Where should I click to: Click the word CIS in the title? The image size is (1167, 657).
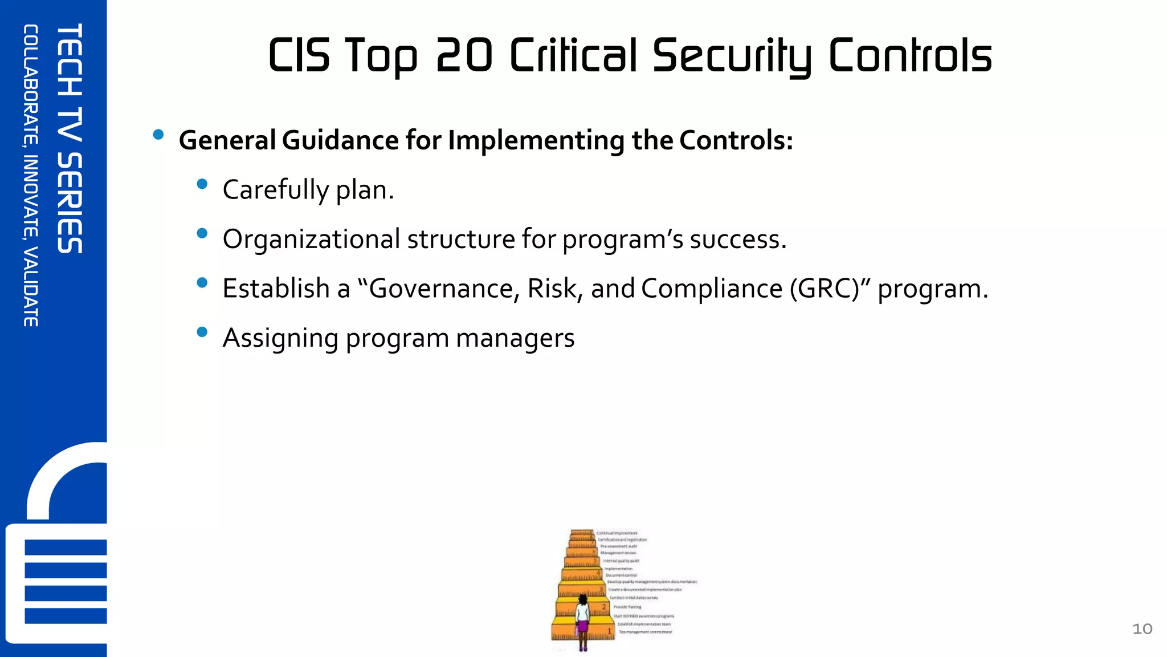coord(299,55)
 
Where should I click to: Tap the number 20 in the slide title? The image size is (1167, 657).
coord(464,55)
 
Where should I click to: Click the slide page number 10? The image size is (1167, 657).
coord(1142,629)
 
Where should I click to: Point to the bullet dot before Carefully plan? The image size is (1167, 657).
coord(202,184)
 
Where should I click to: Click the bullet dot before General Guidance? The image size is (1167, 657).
coord(158,135)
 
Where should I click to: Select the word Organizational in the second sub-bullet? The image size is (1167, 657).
coord(311,240)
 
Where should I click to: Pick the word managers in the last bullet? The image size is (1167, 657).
coord(515,338)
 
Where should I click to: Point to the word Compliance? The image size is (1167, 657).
coord(712,289)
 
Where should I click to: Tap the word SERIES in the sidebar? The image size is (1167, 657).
coord(70,202)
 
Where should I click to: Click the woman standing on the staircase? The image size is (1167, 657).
coord(582,619)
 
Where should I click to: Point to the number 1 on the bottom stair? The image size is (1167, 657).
coord(609,631)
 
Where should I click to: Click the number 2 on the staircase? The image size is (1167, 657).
coord(604,607)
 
